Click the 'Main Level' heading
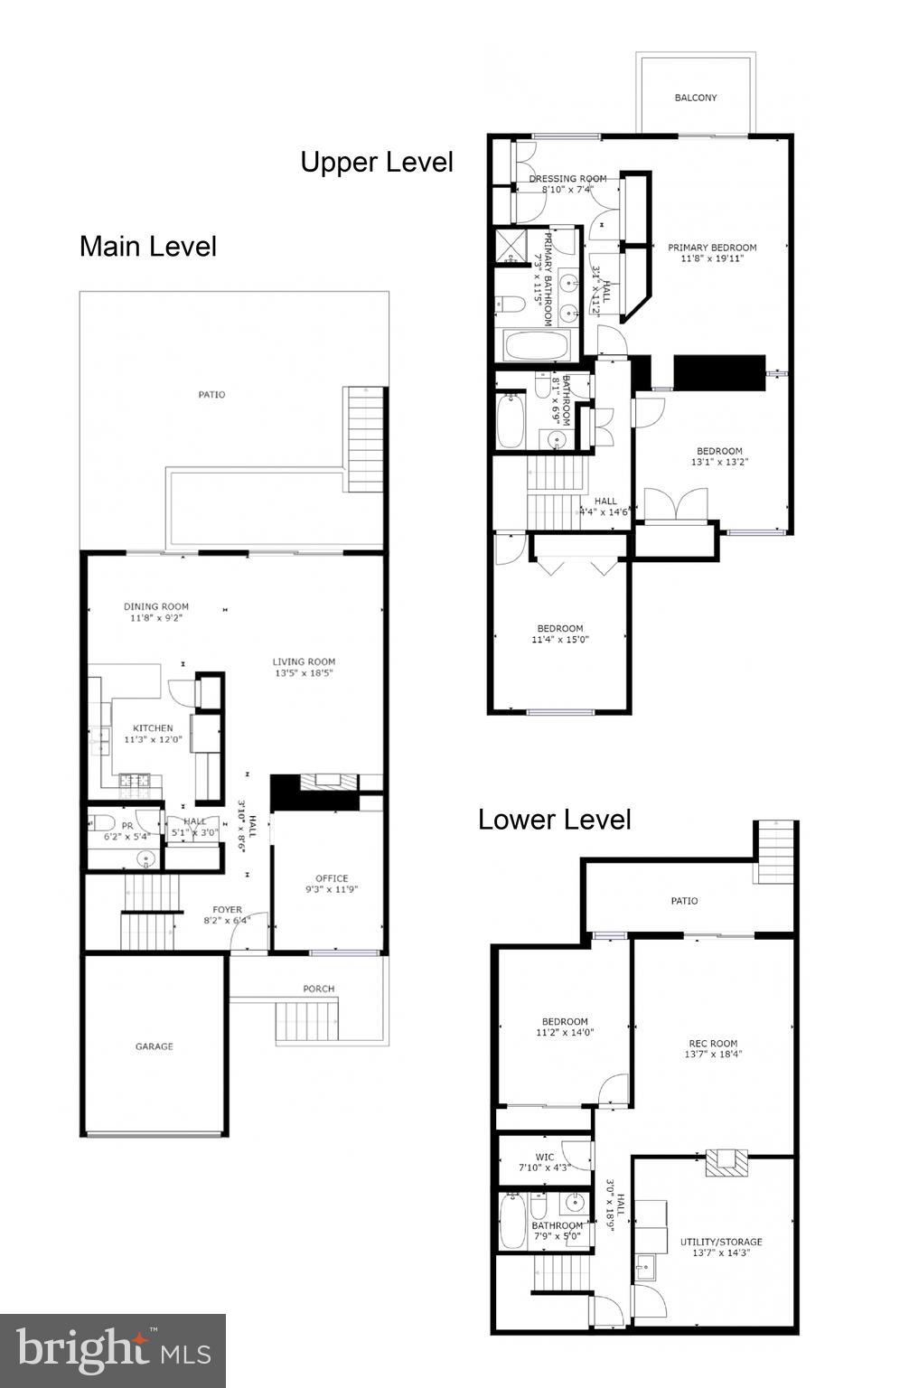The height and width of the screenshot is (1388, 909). coord(148,247)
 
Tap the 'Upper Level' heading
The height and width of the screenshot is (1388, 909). coord(377,163)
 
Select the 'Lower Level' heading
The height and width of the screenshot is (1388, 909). coord(554,820)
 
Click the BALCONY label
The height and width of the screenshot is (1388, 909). coord(695,98)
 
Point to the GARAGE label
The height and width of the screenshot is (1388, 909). coord(155,1046)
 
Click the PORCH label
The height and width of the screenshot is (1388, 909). coord(318,989)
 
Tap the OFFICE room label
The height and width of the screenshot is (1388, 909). coord(332,878)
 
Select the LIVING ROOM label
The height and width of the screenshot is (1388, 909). coord(305,661)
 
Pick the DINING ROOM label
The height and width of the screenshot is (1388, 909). coord(156,606)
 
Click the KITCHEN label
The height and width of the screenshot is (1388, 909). coord(153,727)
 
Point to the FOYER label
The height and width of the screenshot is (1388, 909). coord(227,910)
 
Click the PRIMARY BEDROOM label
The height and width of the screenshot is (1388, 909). coord(712,248)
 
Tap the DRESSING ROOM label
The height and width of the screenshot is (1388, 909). coord(567,179)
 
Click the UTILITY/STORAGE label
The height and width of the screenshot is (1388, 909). coord(720,1242)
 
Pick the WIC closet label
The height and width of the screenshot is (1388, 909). coord(544,1157)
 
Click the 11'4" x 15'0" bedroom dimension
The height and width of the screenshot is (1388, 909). coord(560,640)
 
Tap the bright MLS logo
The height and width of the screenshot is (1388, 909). coord(113,1351)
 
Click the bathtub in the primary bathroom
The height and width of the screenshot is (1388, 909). coord(537,345)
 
